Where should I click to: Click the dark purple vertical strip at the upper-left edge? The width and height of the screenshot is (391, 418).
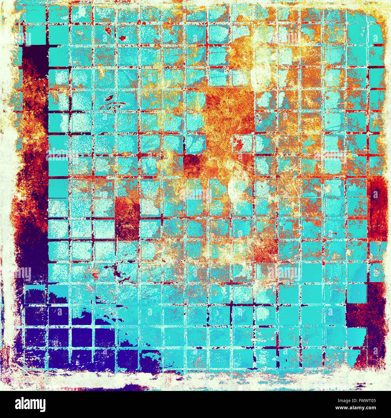point(35,57)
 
